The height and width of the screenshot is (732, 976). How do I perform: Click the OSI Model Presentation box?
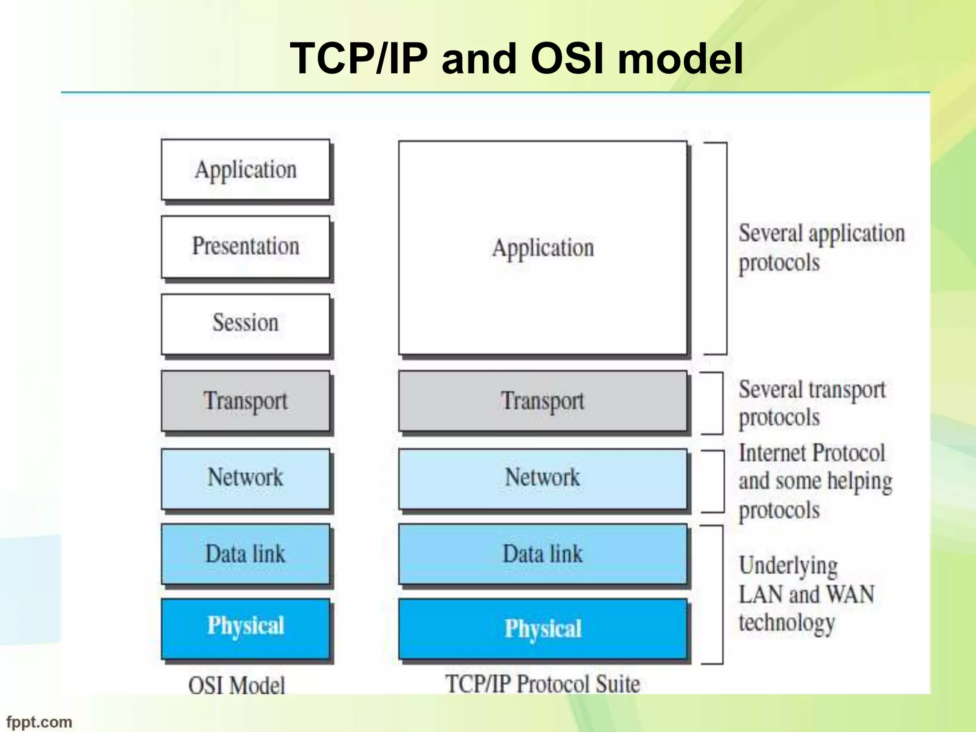coord(245,247)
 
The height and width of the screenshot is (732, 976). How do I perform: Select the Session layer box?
coord(245,324)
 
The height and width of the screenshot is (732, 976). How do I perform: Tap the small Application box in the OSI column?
coord(245,170)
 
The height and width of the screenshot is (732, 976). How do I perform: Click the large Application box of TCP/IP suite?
coord(543,248)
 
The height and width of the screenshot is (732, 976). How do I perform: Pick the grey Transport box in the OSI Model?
coord(245,401)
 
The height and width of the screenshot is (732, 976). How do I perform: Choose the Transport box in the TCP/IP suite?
coord(543,401)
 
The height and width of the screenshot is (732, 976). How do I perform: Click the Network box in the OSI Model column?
coord(245,478)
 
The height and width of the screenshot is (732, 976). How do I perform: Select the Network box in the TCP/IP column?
coord(543,478)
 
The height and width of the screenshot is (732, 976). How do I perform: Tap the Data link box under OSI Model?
coord(245,554)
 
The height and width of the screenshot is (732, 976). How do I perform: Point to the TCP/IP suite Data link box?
coord(543,554)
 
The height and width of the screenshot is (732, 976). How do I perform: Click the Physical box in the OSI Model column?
coord(245,628)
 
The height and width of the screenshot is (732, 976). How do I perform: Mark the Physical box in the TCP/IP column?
coord(543,629)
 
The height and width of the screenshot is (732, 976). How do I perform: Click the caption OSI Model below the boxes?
coord(237,686)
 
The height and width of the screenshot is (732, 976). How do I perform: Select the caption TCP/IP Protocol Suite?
coord(543,684)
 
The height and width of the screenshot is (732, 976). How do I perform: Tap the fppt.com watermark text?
coord(39,722)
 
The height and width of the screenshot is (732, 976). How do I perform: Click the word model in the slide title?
coord(680,59)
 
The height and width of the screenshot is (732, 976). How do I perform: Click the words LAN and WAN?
coord(806,595)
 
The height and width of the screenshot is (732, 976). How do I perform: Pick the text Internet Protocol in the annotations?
coord(812,453)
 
